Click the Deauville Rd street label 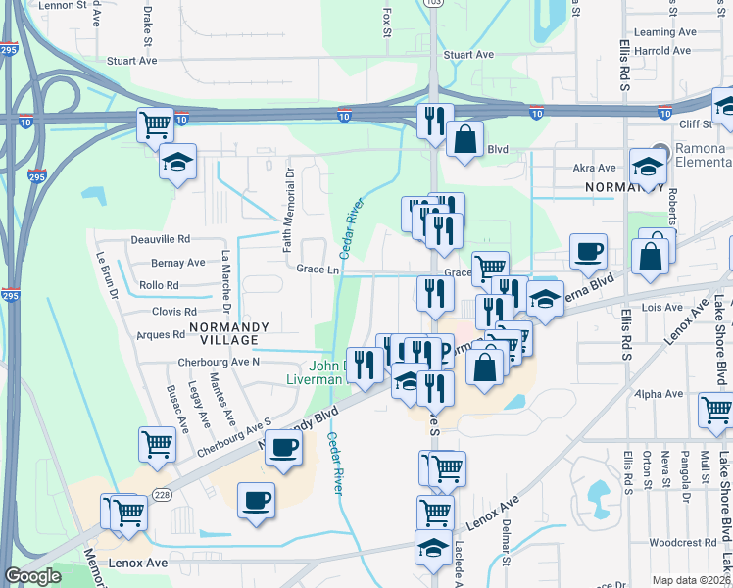pyautogui.click(x=160, y=239)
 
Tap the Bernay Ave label pyautogui.click(x=177, y=263)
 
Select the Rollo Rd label pyautogui.click(x=159, y=286)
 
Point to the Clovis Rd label pyautogui.click(x=174, y=311)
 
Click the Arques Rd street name pyautogui.click(x=161, y=334)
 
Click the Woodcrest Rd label pyautogui.click(x=682, y=542)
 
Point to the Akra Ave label pyautogui.click(x=594, y=169)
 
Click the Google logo pyautogui.click(x=33, y=576)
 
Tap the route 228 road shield pyautogui.click(x=160, y=496)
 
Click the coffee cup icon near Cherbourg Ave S pyautogui.click(x=284, y=448)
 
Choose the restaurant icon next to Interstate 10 pyautogui.click(x=434, y=121)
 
